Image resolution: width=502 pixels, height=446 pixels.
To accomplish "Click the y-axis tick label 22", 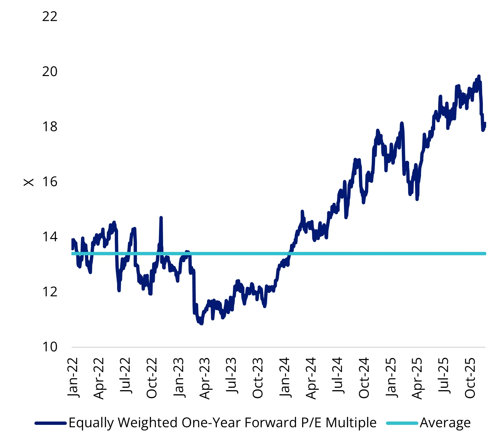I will pyautogui.click(x=50, y=17).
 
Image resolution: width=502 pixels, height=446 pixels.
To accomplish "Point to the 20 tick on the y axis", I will pyautogui.click(x=50, y=71).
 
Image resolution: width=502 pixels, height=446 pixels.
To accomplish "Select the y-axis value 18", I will pyautogui.click(x=50, y=127).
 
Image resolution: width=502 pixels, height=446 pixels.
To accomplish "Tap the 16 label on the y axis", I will pyautogui.click(x=50, y=182).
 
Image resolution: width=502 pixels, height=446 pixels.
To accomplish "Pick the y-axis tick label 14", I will pyautogui.click(x=50, y=237).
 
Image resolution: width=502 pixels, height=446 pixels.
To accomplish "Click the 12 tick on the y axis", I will pyautogui.click(x=50, y=292).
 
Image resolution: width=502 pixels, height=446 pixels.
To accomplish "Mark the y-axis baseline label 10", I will pyautogui.click(x=50, y=347).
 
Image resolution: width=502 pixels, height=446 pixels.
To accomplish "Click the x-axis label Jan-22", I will pyautogui.click(x=72, y=377).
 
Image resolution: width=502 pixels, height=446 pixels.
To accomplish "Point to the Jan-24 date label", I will pyautogui.click(x=284, y=377).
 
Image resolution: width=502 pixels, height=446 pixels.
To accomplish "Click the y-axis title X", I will pyautogui.click(x=29, y=182).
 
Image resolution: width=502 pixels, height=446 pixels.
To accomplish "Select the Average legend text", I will pyautogui.click(x=445, y=423).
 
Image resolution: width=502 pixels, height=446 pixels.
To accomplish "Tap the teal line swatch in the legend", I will pyautogui.click(x=402, y=423).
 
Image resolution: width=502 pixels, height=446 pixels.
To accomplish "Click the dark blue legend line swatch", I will pyautogui.click(x=51, y=423).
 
